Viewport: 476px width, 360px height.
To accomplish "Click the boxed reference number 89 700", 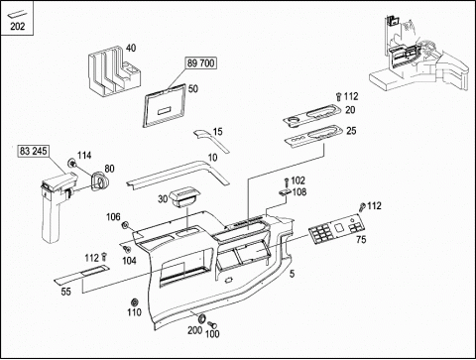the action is [201, 62].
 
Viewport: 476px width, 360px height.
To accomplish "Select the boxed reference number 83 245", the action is [33, 151].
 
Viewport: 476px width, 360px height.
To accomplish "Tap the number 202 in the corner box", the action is [17, 27].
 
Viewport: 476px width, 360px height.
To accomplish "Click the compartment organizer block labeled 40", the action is [114, 71].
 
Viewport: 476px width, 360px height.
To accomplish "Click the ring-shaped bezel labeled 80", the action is [98, 181].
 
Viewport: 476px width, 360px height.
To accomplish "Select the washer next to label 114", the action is [71, 163].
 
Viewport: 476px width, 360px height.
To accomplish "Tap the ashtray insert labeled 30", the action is [184, 197].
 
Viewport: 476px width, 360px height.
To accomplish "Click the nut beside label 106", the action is [125, 225].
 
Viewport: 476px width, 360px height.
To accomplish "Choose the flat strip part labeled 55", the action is [81, 274].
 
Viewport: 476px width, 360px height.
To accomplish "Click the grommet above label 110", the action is [135, 302].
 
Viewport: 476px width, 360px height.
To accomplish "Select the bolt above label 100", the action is [212, 324].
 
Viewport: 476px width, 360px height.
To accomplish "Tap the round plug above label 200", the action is [201, 318].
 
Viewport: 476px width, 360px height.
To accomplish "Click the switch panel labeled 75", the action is [337, 229].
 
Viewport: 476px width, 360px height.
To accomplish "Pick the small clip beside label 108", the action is [285, 192].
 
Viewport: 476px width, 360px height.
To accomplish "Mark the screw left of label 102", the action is [287, 182].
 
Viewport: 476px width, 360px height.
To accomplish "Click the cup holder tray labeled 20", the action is [312, 115].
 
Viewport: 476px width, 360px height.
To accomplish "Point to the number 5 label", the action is [292, 274].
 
